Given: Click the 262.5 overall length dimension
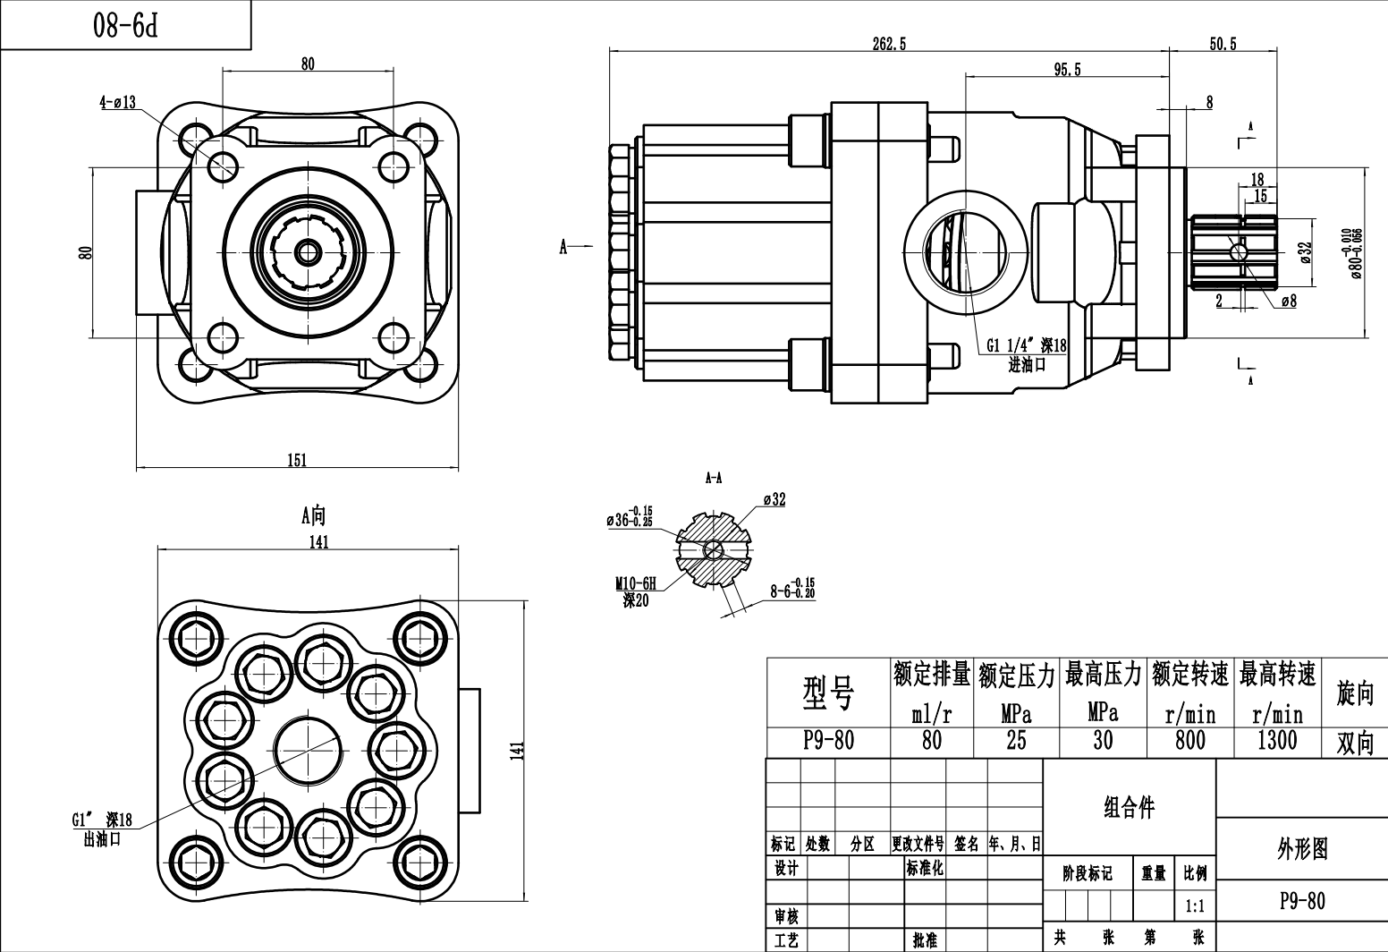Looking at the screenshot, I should [889, 45].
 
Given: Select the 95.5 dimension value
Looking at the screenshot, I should [1067, 70].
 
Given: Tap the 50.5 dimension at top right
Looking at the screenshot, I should [1222, 45].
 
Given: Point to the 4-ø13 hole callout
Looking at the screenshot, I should [117, 102].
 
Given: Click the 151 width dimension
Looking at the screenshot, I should [297, 461].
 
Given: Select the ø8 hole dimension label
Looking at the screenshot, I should [1288, 302].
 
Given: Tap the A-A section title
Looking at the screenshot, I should [713, 479].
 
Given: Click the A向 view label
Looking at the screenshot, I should [313, 515].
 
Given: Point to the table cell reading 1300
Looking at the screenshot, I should [1276, 741].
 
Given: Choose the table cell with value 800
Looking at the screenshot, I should [1189, 741].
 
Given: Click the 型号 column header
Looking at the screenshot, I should [828, 693].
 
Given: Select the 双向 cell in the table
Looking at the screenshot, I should [1353, 743].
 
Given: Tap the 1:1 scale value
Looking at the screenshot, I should [1194, 906].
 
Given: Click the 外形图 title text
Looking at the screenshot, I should [1301, 849].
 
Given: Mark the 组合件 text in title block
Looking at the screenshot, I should [1129, 808].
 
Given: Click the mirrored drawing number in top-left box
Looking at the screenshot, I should [125, 26].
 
